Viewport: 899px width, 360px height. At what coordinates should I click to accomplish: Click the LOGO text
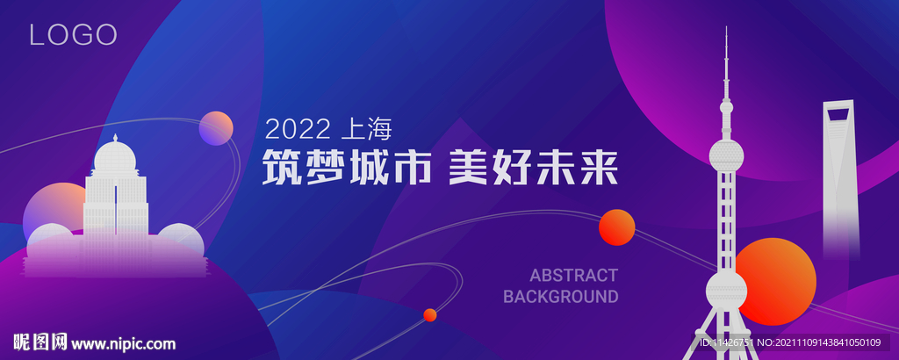(x=74, y=35)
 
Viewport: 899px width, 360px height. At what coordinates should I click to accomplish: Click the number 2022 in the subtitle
(x=298, y=129)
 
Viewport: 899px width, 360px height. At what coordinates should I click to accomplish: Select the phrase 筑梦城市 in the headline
(x=346, y=167)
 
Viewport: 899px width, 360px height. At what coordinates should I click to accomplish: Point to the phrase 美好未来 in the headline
(x=533, y=167)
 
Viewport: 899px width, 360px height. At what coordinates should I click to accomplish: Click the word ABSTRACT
(x=573, y=275)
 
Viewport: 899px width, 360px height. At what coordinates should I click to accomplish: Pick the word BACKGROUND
(x=561, y=297)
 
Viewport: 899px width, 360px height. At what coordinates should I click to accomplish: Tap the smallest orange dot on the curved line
(x=430, y=314)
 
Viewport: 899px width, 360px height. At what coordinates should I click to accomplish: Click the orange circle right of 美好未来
(x=617, y=227)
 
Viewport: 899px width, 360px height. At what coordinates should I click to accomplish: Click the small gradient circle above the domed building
(x=216, y=128)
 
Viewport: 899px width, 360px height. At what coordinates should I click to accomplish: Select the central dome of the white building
(x=115, y=156)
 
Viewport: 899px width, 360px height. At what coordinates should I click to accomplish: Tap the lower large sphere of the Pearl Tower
(x=726, y=290)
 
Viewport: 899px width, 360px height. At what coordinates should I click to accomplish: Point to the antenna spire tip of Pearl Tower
(x=726, y=27)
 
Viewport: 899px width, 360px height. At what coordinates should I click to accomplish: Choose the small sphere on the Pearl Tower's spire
(x=726, y=106)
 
